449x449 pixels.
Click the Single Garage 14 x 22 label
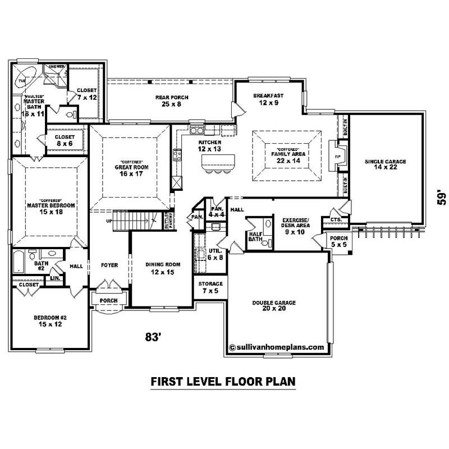(385, 164)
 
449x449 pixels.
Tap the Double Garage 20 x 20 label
(273, 306)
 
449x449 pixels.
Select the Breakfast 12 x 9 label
(268, 99)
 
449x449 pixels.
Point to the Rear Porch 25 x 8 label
(172, 100)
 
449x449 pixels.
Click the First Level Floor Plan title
(223, 382)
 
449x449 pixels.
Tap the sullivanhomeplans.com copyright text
(277, 347)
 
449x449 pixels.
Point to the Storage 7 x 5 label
(211, 287)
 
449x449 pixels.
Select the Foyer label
(109, 265)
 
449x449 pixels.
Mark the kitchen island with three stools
(217, 164)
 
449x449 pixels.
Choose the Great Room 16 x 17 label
(130, 170)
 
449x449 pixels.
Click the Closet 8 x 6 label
(65, 140)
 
